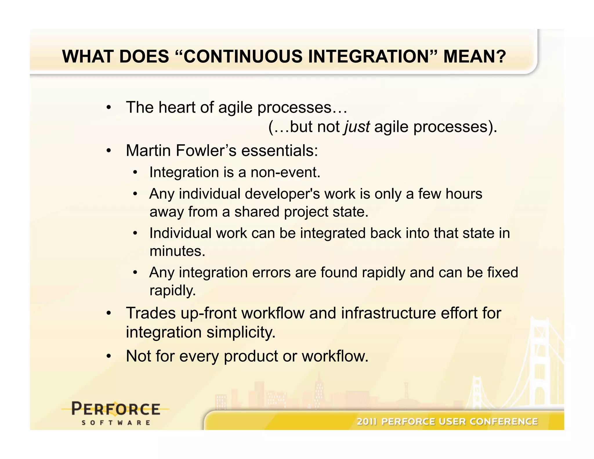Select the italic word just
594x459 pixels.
coord(357,127)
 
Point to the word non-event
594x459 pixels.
coord(285,172)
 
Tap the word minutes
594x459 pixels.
coord(177,251)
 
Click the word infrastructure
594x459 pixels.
coord(388,313)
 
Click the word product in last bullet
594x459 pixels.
coord(251,356)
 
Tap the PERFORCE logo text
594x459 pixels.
coord(116,409)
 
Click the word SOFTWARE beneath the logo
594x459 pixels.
coord(116,423)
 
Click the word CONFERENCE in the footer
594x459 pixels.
coord(504,421)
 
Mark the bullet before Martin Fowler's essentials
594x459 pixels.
coord(108,151)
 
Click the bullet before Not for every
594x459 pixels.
coord(108,356)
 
